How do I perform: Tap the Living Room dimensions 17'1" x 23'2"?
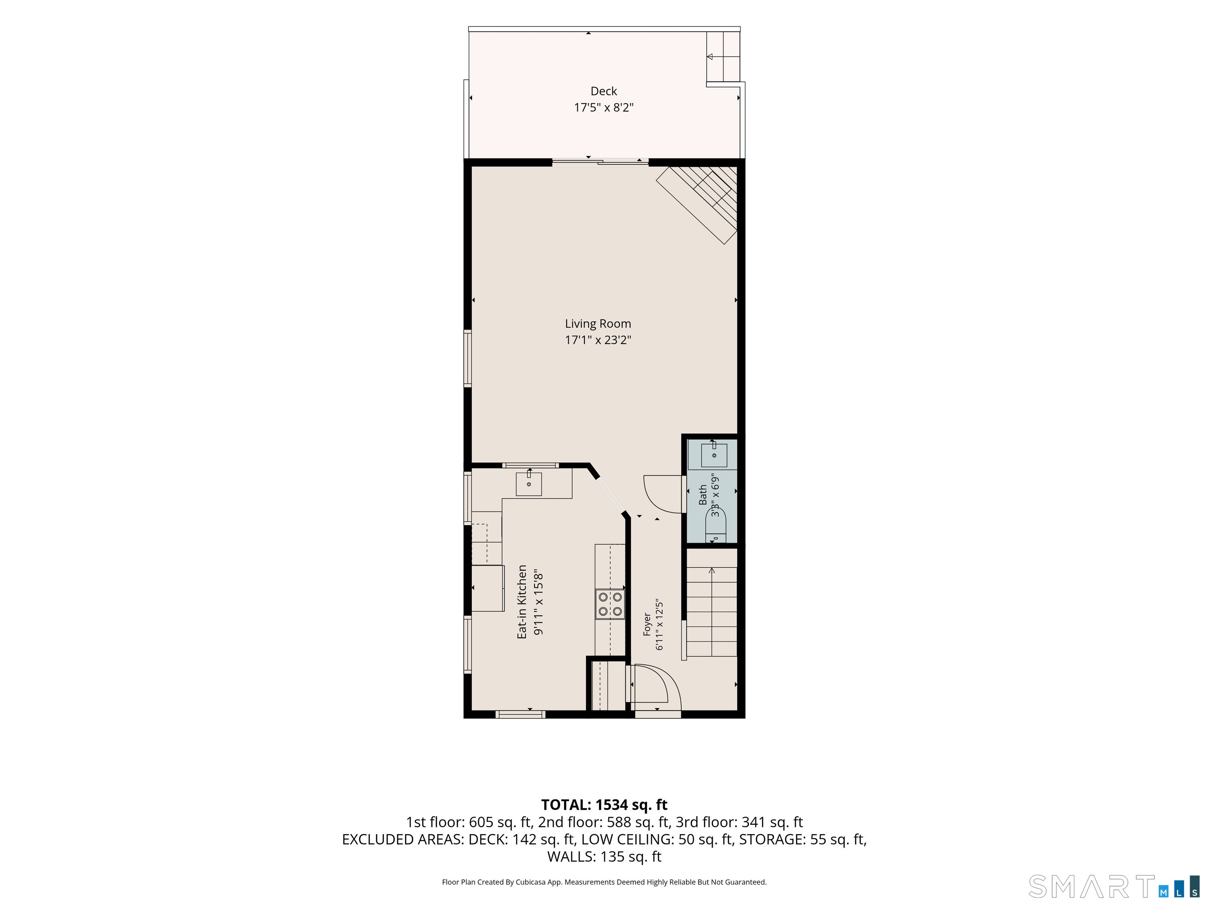(598, 340)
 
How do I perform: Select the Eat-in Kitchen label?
(522, 602)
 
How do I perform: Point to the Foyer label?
(647, 624)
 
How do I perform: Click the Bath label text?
(703, 495)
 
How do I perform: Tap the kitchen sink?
(529, 484)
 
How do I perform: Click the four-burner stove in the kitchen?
(610, 604)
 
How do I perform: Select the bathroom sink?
(714, 455)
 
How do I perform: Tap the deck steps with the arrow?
(723, 56)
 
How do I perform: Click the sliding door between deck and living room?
(600, 161)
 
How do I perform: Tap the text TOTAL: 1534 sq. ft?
(604, 805)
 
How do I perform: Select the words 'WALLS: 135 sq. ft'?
(604, 857)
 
